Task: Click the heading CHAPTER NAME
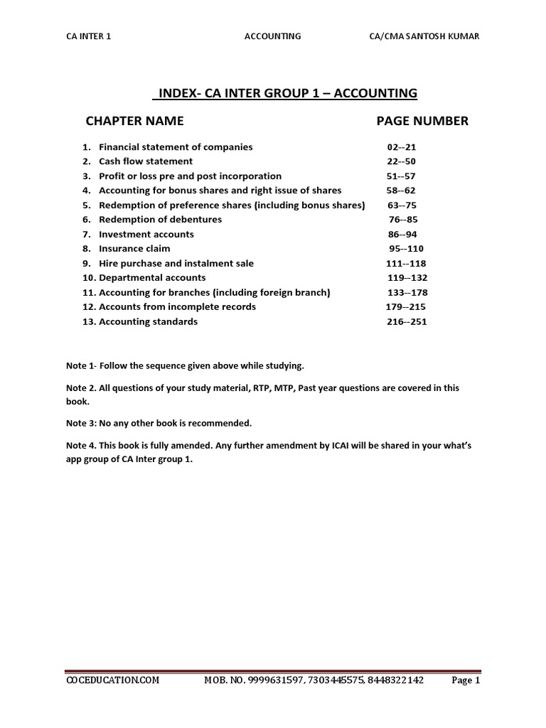[x=134, y=121]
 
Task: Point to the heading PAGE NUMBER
[x=422, y=121]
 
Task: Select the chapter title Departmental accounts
[x=152, y=278]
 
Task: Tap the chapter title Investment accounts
[x=146, y=234]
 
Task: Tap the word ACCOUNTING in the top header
[x=272, y=37]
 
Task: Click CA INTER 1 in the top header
[x=89, y=37]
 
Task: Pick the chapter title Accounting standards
[x=148, y=321]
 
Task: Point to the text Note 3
[x=79, y=423]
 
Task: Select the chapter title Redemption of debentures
[x=160, y=220]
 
